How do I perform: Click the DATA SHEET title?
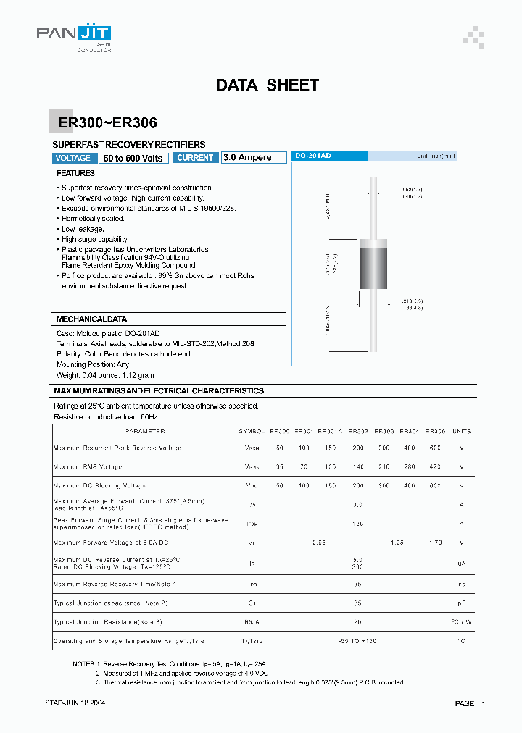(x=267, y=85)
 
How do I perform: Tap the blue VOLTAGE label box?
(x=73, y=158)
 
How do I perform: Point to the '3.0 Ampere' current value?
(x=247, y=158)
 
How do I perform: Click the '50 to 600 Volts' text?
(x=133, y=158)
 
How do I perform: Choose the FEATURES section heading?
(x=75, y=174)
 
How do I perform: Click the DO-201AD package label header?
(x=313, y=156)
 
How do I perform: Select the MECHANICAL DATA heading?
(x=91, y=319)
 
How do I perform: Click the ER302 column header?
(x=357, y=431)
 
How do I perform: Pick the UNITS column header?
(x=461, y=431)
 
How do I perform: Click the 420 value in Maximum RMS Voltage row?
(x=435, y=466)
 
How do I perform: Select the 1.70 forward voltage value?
(x=435, y=542)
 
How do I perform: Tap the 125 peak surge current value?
(x=357, y=523)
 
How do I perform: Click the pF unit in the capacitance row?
(x=461, y=603)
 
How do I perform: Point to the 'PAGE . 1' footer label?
(x=470, y=703)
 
